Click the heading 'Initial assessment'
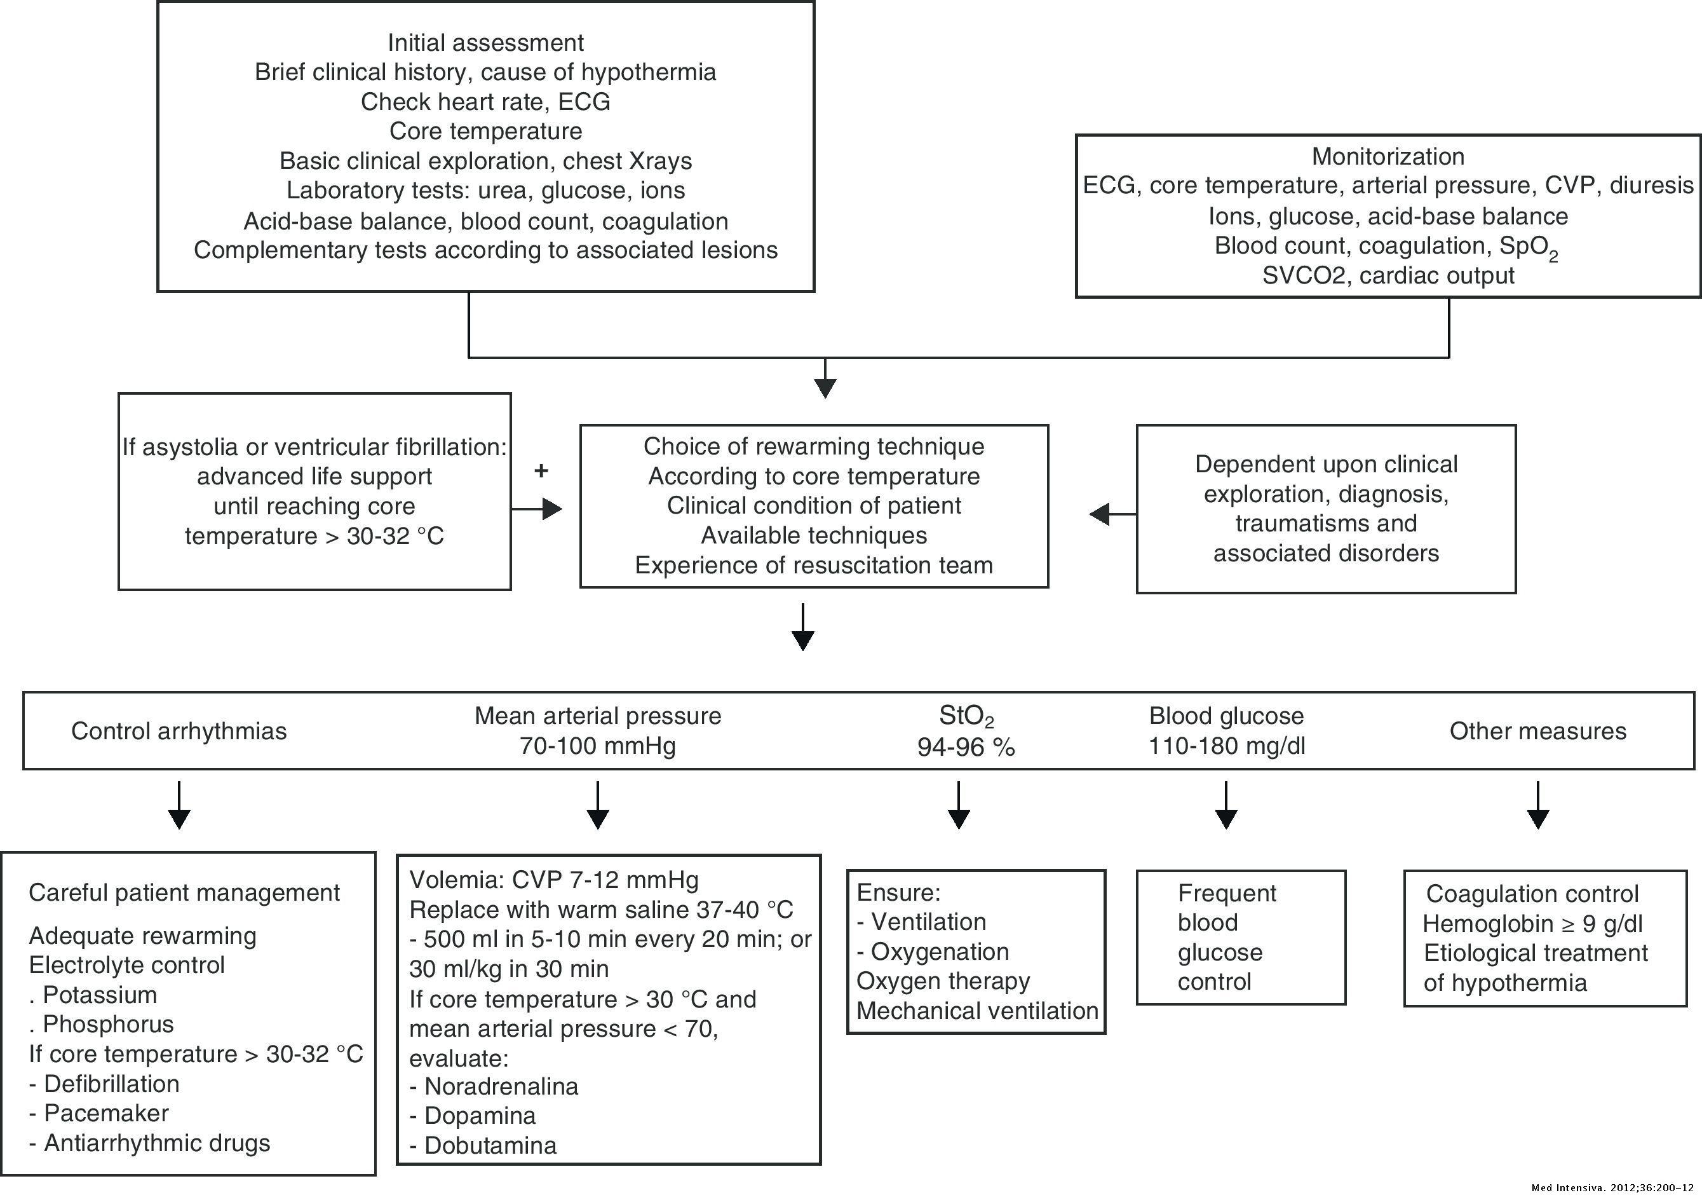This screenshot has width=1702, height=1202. point(485,42)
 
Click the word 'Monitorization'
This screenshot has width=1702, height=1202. point(1388,156)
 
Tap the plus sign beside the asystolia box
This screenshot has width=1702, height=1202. point(541,471)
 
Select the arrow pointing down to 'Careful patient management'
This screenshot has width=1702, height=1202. point(179,805)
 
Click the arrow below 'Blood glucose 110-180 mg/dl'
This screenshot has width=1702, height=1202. point(1226,805)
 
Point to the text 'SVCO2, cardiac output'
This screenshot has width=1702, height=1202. point(1388,276)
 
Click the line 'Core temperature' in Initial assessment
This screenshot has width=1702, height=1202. point(485,131)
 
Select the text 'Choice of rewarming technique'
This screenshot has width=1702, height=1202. point(813,446)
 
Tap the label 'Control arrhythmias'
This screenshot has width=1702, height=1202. point(179,731)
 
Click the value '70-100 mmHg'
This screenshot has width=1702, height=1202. point(597,745)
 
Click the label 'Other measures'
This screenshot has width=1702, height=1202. point(1537,731)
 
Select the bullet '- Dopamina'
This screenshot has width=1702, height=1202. point(472,1116)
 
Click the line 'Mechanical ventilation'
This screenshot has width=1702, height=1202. point(977,1011)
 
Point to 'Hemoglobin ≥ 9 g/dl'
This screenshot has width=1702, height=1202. point(1532,924)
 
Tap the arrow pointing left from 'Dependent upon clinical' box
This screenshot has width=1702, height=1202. point(1111,513)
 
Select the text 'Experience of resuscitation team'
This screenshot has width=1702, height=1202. point(813,565)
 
